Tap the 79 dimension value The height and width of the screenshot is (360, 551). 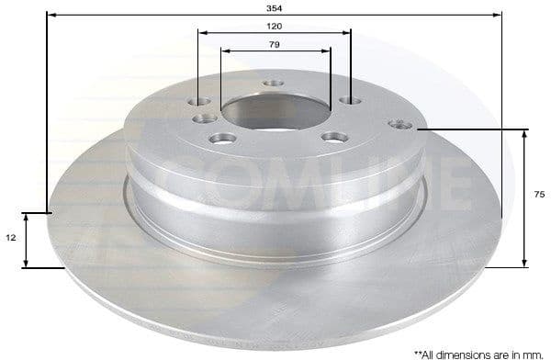click(x=274, y=44)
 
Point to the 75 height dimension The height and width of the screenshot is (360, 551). click(x=540, y=194)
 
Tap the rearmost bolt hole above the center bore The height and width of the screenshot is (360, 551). click(x=274, y=84)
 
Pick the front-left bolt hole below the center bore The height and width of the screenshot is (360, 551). click(x=219, y=139)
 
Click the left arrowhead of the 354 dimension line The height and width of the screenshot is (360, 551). click(x=49, y=16)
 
